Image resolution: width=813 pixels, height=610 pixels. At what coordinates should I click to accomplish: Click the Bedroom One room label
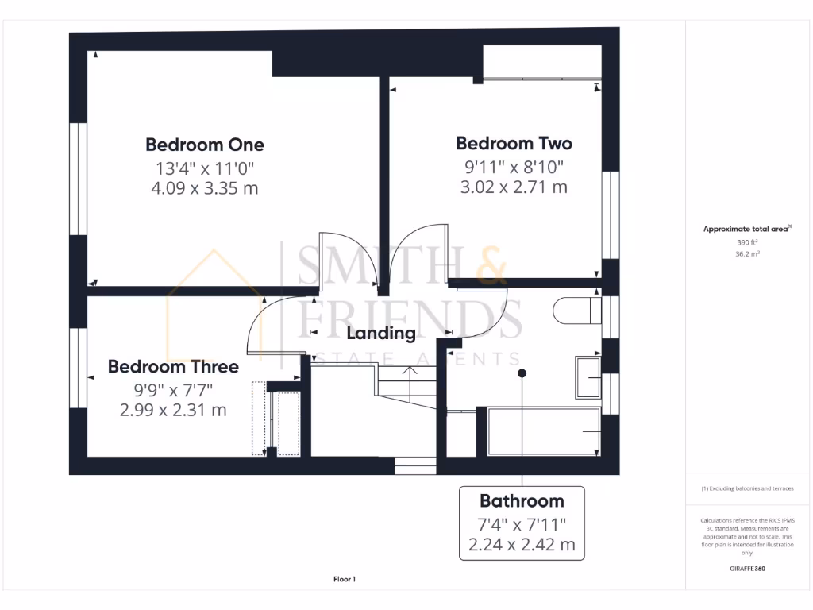click(x=205, y=145)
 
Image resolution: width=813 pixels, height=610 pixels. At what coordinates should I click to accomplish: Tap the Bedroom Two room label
click(x=514, y=144)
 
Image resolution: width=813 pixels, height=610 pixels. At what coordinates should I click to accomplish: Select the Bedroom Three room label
click(x=173, y=367)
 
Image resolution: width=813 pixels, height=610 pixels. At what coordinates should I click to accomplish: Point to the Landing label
click(x=380, y=334)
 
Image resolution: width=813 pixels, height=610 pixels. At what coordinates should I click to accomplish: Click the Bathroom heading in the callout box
click(x=522, y=501)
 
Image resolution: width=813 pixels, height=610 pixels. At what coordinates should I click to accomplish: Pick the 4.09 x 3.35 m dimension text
click(x=205, y=188)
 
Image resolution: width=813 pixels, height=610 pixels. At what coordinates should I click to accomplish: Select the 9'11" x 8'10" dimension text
click(x=514, y=167)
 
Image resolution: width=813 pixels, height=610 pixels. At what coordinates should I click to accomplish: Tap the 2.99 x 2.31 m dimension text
click(x=173, y=410)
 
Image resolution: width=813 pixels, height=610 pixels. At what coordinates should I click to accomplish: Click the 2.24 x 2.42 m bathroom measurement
click(x=522, y=546)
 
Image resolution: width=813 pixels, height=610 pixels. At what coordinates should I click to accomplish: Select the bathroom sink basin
click(x=588, y=376)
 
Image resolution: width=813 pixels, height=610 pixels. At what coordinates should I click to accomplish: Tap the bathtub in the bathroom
click(x=543, y=431)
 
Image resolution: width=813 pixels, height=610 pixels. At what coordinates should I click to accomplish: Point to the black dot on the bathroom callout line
click(x=522, y=373)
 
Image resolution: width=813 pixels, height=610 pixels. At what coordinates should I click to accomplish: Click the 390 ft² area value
click(x=749, y=242)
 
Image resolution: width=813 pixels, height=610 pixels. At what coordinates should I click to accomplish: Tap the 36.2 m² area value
click(x=749, y=255)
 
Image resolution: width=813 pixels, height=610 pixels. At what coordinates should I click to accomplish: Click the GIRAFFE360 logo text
click(x=748, y=569)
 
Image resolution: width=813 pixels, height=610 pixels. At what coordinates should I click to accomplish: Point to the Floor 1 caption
click(x=344, y=580)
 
